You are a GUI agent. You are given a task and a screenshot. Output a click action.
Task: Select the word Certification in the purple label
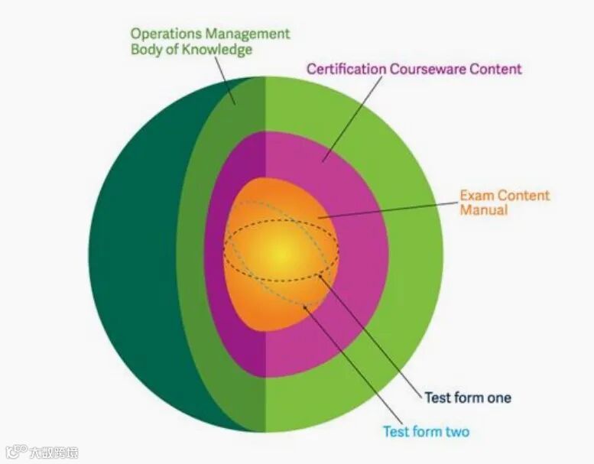coord(346,69)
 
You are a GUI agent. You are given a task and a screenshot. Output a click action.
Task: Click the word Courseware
coord(427,69)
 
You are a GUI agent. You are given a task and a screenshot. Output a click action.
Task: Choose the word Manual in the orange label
coord(483,209)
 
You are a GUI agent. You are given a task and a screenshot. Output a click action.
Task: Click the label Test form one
coord(467,397)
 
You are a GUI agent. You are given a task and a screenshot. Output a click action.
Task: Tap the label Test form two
coord(426,431)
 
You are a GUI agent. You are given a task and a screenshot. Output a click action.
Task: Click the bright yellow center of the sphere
coord(281,251)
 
